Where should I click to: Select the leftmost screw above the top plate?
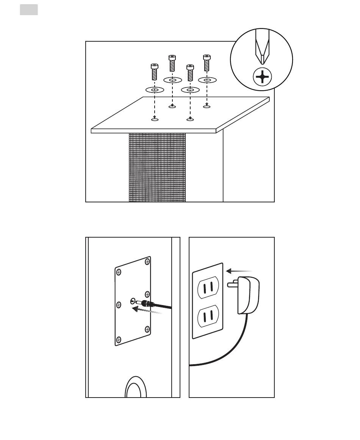click(x=154, y=71)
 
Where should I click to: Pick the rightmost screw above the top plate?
click(x=207, y=63)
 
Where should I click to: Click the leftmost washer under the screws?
click(x=155, y=90)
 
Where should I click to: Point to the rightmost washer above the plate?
click(x=207, y=80)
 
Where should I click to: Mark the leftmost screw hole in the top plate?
click(x=155, y=119)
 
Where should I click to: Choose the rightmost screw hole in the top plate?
click(x=207, y=107)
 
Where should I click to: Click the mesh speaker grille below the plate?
click(x=157, y=167)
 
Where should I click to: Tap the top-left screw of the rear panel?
click(x=119, y=271)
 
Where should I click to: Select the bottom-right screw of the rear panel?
click(x=147, y=329)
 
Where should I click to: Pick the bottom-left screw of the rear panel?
click(x=119, y=339)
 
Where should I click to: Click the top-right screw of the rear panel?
click(x=147, y=262)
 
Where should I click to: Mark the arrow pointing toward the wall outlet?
click(x=239, y=271)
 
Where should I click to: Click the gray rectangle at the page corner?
click(x=29, y=10)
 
